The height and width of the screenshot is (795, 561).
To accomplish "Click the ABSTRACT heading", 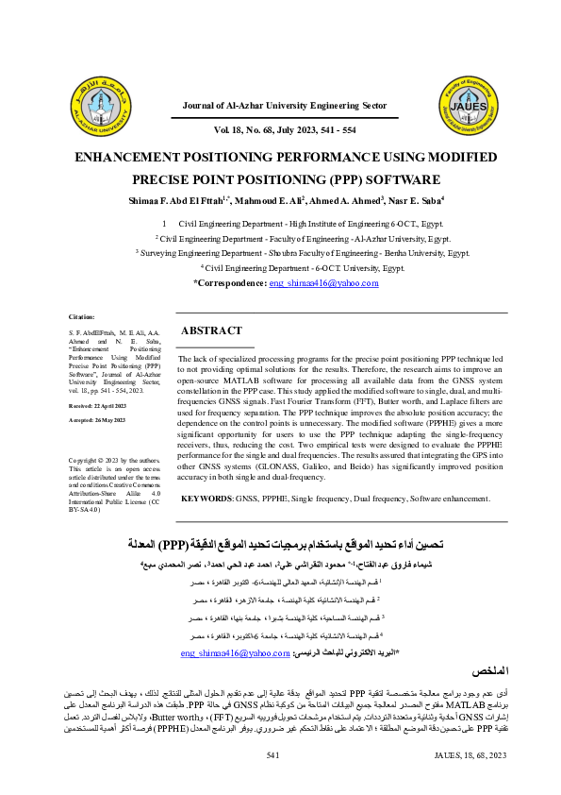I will (211, 331).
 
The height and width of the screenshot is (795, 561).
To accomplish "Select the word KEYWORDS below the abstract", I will (206, 497).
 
